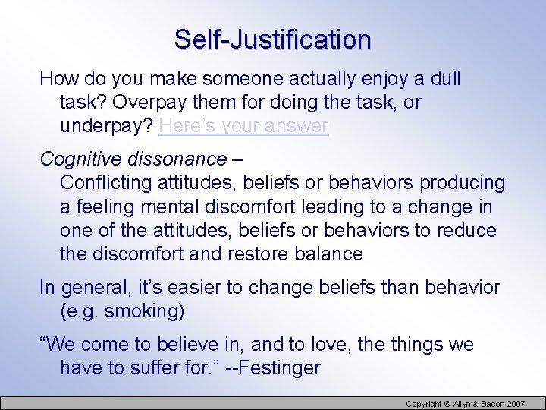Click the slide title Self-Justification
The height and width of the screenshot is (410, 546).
pyautogui.click(x=273, y=39)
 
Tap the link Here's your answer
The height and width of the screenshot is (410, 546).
pyautogui.click(x=243, y=125)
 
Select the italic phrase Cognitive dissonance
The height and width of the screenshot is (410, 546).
pyautogui.click(x=133, y=159)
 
